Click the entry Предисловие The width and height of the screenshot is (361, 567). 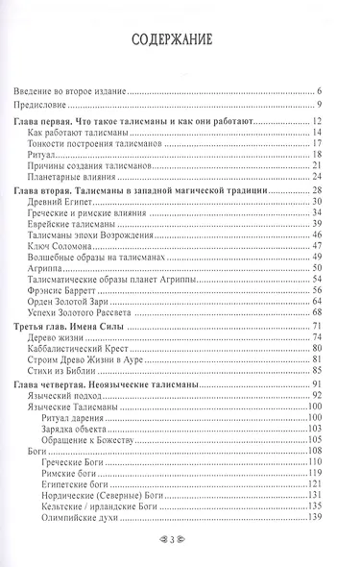coord(47,105)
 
